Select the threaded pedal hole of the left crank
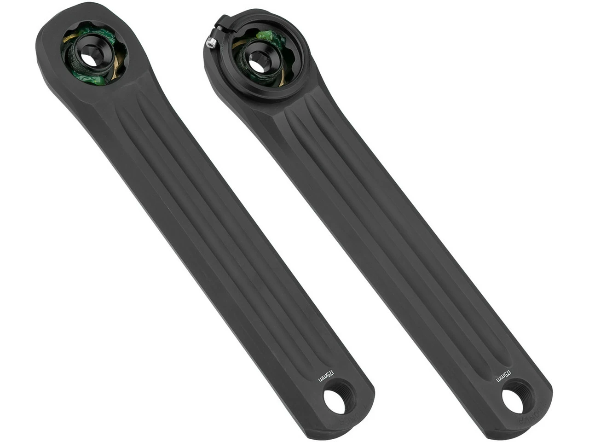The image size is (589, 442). coord(335,401)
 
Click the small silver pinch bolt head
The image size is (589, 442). coord(210,43)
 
